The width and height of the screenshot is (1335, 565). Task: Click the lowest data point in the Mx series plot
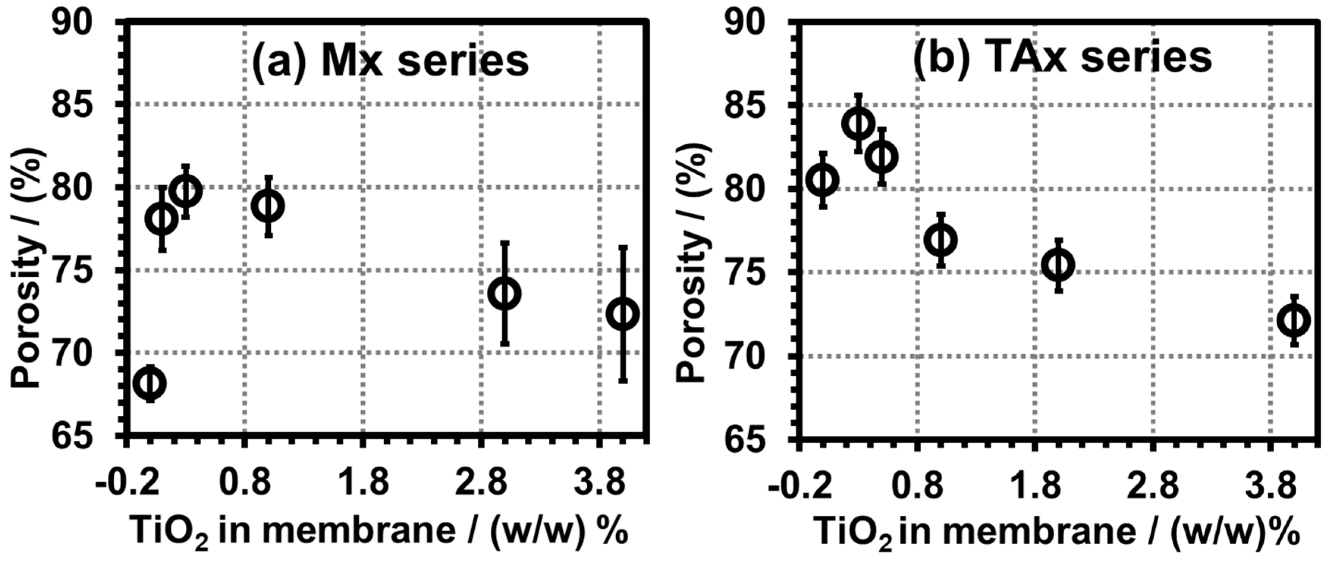point(150,383)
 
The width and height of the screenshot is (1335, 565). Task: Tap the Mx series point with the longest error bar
point(623,314)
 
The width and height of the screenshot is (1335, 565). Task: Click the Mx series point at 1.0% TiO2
point(268,206)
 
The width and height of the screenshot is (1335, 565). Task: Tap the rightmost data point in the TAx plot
point(1294,320)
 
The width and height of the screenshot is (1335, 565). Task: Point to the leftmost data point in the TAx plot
point(822,180)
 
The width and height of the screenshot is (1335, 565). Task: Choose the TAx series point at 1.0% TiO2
point(941,240)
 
